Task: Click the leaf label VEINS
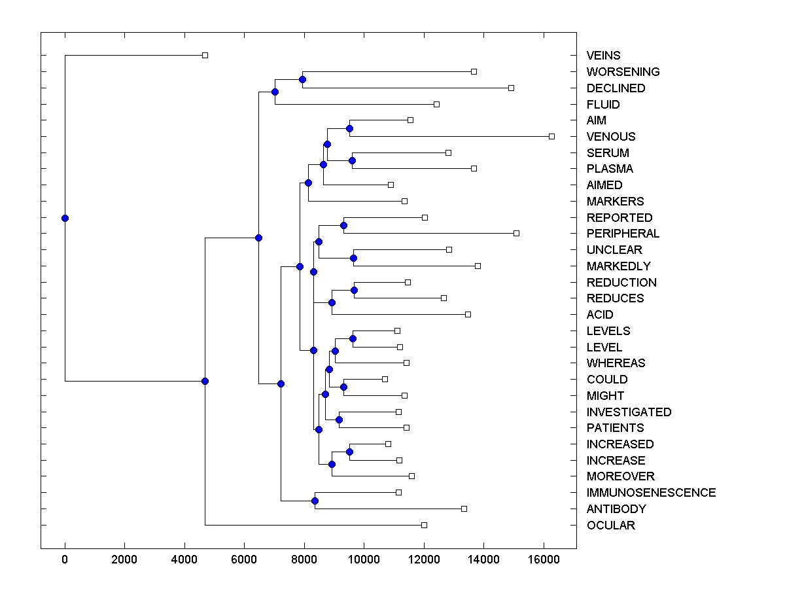click(x=603, y=56)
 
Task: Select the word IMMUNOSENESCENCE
click(x=651, y=493)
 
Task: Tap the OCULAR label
click(x=610, y=526)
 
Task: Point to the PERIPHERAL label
click(x=623, y=234)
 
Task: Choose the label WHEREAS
click(x=616, y=363)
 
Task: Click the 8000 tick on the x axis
click(x=304, y=559)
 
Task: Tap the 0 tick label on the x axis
click(x=65, y=559)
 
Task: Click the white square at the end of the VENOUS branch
click(x=551, y=136)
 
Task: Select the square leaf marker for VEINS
click(x=205, y=55)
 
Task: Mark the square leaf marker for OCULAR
click(x=424, y=525)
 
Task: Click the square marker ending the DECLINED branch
click(x=512, y=88)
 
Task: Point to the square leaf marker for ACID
click(x=468, y=314)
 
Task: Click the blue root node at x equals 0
click(x=65, y=218)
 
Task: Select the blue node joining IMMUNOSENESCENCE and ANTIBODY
click(x=315, y=501)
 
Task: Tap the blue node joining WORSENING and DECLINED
click(x=302, y=79)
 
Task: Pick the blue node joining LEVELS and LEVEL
click(x=353, y=338)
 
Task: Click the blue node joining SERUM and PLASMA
click(x=352, y=160)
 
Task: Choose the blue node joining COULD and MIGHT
click(x=343, y=387)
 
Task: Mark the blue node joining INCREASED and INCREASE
click(x=349, y=452)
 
